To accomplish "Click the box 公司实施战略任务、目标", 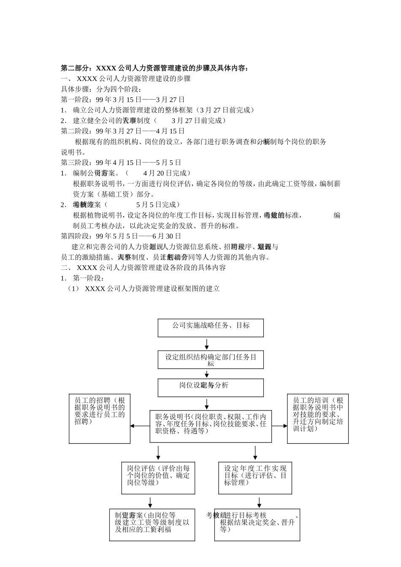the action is (211, 327).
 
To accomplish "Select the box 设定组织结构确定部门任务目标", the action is (211, 360).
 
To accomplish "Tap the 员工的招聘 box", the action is (100, 418).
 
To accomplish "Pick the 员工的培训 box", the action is (317, 418).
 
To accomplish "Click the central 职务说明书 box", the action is (211, 426).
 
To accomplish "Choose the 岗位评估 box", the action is (158, 478).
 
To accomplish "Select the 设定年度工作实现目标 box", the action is (255, 478).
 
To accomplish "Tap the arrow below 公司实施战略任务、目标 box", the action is (207, 344).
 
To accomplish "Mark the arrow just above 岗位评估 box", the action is (158, 453).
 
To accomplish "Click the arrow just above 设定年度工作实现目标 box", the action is (255, 453).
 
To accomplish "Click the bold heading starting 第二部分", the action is (155, 68).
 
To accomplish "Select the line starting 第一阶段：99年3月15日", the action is (123, 100).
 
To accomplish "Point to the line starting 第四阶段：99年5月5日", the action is (121, 236).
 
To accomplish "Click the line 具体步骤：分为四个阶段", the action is (101, 89).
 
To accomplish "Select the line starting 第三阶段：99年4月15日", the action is (121, 162).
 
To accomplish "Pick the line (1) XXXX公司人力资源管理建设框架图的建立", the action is (144, 289).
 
